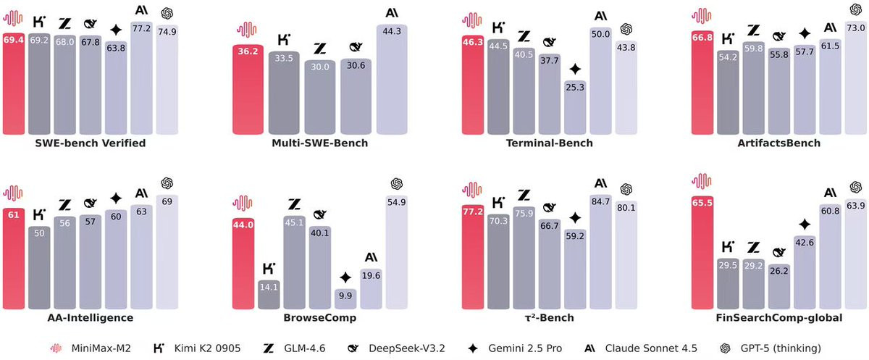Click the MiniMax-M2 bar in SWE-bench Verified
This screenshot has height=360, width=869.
[x=14, y=83]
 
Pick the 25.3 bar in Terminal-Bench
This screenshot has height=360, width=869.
[x=575, y=109]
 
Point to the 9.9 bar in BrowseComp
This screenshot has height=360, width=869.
[x=345, y=299]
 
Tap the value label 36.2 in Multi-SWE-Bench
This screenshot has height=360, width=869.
[x=243, y=51]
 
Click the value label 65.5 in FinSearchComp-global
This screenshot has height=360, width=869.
[x=703, y=203]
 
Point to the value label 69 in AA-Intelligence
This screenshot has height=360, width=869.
[x=167, y=201]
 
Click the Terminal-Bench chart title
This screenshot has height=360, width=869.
[x=550, y=143]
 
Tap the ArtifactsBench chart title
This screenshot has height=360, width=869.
[x=779, y=143]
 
